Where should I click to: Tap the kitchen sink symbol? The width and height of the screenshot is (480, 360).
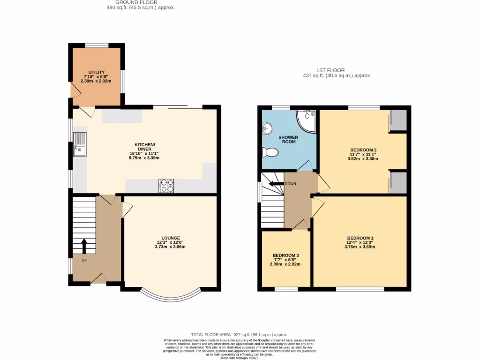click(80, 144)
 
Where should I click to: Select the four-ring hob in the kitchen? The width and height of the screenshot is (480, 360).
click(167, 186)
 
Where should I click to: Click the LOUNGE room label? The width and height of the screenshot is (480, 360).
click(171, 238)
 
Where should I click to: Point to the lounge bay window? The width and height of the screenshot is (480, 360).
click(171, 294)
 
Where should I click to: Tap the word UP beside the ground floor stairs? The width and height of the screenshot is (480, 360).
click(84, 260)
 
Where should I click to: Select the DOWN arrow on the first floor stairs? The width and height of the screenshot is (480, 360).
click(277, 184)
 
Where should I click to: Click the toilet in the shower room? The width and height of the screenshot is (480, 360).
click(270, 152)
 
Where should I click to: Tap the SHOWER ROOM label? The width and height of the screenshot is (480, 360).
click(289, 139)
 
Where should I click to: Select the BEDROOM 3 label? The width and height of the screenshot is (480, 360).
click(286, 255)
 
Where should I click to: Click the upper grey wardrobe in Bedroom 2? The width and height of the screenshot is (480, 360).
click(398, 120)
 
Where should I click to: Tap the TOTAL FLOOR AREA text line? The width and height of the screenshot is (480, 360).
click(239, 334)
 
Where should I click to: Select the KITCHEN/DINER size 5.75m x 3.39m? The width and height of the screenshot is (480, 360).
click(144, 158)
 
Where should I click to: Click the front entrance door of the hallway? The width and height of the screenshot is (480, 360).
click(97, 279)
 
